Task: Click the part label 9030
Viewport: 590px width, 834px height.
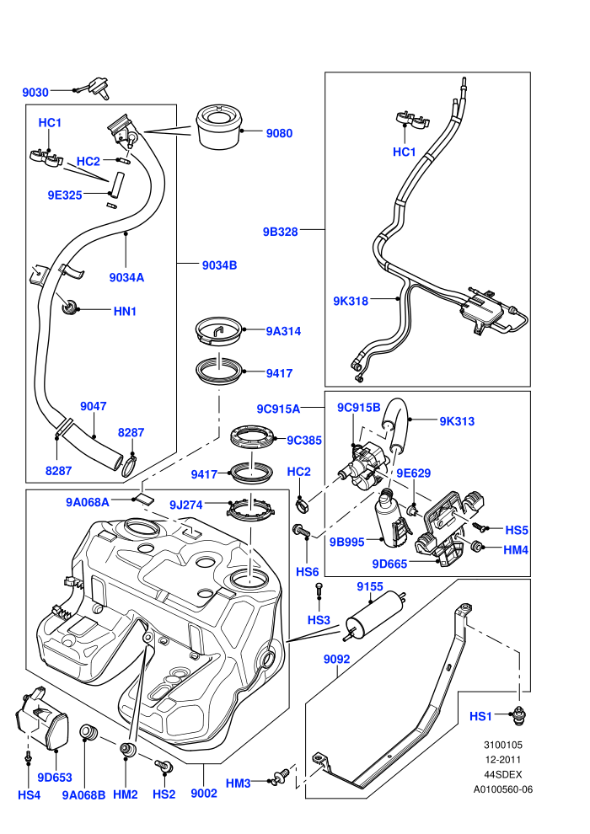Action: pos(35,93)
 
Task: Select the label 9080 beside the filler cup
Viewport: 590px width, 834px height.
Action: pos(279,133)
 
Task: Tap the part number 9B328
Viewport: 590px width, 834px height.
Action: pos(281,232)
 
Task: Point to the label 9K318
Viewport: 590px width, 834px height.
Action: pos(351,301)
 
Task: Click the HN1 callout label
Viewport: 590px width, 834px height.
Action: pos(125,311)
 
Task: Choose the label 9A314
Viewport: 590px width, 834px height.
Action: pos(283,331)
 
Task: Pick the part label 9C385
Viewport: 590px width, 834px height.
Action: pos(304,441)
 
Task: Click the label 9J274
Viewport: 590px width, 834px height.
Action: pos(186,505)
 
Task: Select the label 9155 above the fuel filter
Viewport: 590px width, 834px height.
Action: pos(370,586)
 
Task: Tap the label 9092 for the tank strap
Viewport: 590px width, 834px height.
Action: pos(337,660)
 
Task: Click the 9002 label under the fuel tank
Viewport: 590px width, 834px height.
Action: pos(204,794)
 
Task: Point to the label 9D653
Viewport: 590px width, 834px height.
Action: pos(55,778)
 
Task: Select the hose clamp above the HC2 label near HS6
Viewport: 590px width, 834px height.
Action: pos(303,504)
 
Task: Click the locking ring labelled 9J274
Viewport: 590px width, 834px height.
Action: pos(249,511)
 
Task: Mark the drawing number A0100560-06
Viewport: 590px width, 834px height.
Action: pos(503,790)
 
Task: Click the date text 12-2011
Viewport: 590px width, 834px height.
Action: pos(503,760)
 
